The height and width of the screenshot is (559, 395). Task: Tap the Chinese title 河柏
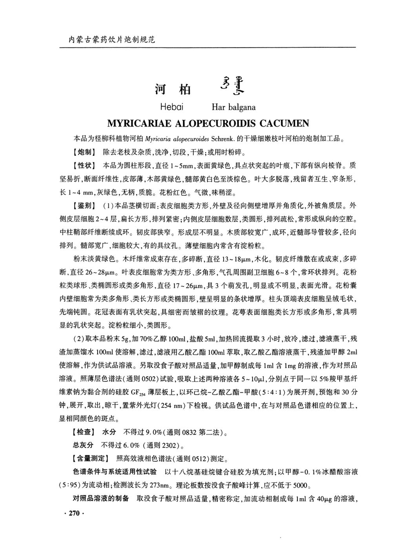(173, 90)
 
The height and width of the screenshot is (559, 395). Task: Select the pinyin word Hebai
(172, 107)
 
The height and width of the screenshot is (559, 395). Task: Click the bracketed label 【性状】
(83, 166)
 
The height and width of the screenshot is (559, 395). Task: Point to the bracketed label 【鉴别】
(83, 206)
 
